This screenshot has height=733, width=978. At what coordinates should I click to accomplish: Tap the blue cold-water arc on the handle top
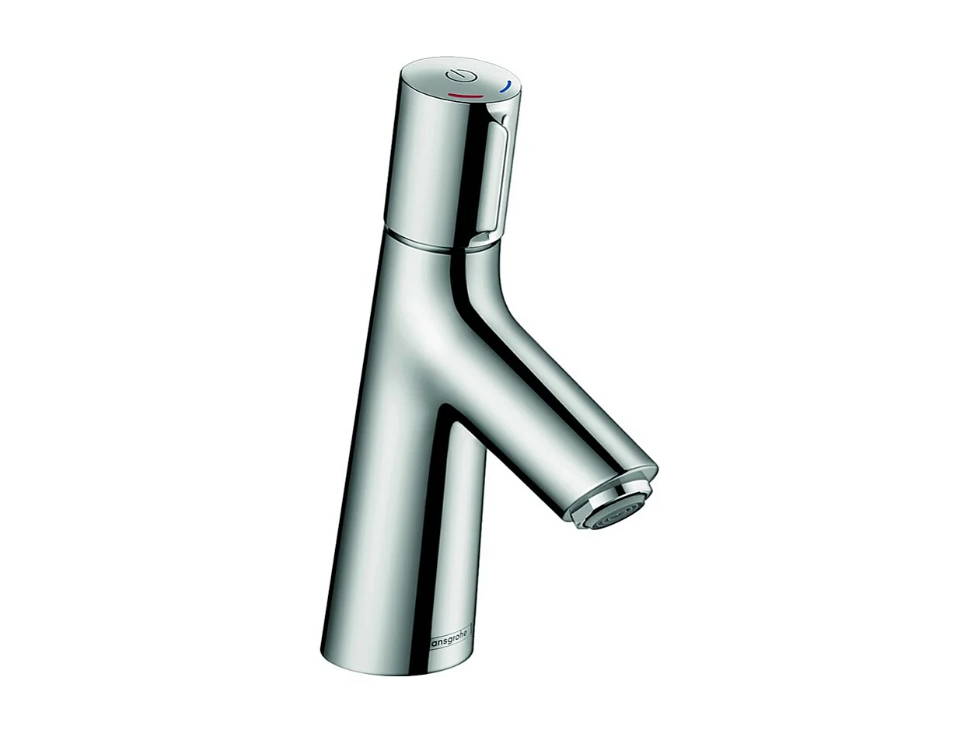click(x=505, y=86)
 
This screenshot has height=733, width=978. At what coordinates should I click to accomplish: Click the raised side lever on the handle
click(x=494, y=179)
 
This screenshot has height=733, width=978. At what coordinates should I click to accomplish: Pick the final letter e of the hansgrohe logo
click(x=468, y=636)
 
